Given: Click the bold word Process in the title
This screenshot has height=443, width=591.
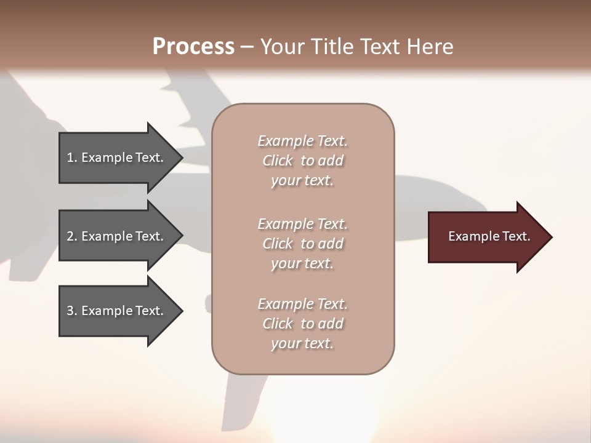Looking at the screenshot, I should point(193,47).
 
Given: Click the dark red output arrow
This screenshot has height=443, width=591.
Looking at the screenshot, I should point(486,237).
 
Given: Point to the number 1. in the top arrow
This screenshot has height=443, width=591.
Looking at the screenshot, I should point(72,158).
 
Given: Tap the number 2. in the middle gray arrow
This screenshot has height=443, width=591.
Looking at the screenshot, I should point(72,236).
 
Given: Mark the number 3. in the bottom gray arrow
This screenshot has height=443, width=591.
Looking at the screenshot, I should point(72,311).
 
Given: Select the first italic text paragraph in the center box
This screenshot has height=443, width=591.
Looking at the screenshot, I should point(302,161).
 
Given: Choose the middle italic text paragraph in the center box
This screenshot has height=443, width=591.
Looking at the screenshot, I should point(302,244).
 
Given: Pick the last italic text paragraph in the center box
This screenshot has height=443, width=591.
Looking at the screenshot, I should point(302,324).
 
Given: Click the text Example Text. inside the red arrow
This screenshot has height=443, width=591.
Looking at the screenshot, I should point(489,236).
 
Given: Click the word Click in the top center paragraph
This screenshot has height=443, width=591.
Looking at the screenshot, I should point(278,161).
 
